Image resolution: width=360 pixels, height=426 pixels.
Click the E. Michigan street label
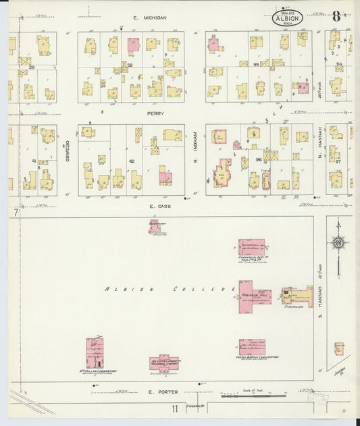[x=149, y=18]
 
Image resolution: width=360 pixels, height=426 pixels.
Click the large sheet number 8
[x=336, y=17]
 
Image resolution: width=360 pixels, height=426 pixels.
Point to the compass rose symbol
[x=338, y=244]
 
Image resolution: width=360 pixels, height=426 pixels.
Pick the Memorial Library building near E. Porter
[x=164, y=363]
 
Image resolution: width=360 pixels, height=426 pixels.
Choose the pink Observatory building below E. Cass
[x=155, y=226]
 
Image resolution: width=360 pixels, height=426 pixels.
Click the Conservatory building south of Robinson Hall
[x=251, y=346]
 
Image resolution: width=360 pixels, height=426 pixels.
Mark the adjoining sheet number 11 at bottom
[x=175, y=408]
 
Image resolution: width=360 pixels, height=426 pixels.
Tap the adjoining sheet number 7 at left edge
[x=12, y=213]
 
